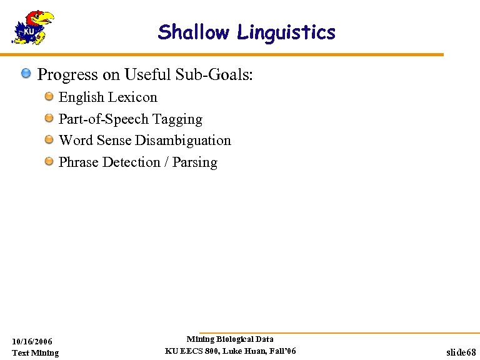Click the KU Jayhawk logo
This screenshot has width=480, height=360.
click(x=32, y=28)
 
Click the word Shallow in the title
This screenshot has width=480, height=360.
click(x=193, y=32)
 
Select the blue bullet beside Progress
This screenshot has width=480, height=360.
click(x=26, y=74)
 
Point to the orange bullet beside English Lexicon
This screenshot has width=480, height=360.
click(x=49, y=97)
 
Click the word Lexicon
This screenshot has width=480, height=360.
click(x=132, y=97)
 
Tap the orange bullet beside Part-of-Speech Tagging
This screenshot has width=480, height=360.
click(x=49, y=118)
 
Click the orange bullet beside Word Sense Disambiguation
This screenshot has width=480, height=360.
click(x=49, y=139)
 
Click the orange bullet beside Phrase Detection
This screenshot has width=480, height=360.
click(x=49, y=161)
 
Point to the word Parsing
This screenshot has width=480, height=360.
click(x=195, y=162)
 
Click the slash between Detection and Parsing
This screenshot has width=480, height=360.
click(x=166, y=162)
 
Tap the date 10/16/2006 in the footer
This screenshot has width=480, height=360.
click(x=32, y=341)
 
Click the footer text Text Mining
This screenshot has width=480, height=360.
click(x=36, y=353)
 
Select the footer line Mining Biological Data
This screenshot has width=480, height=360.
click(x=230, y=339)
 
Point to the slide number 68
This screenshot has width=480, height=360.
click(x=471, y=353)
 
